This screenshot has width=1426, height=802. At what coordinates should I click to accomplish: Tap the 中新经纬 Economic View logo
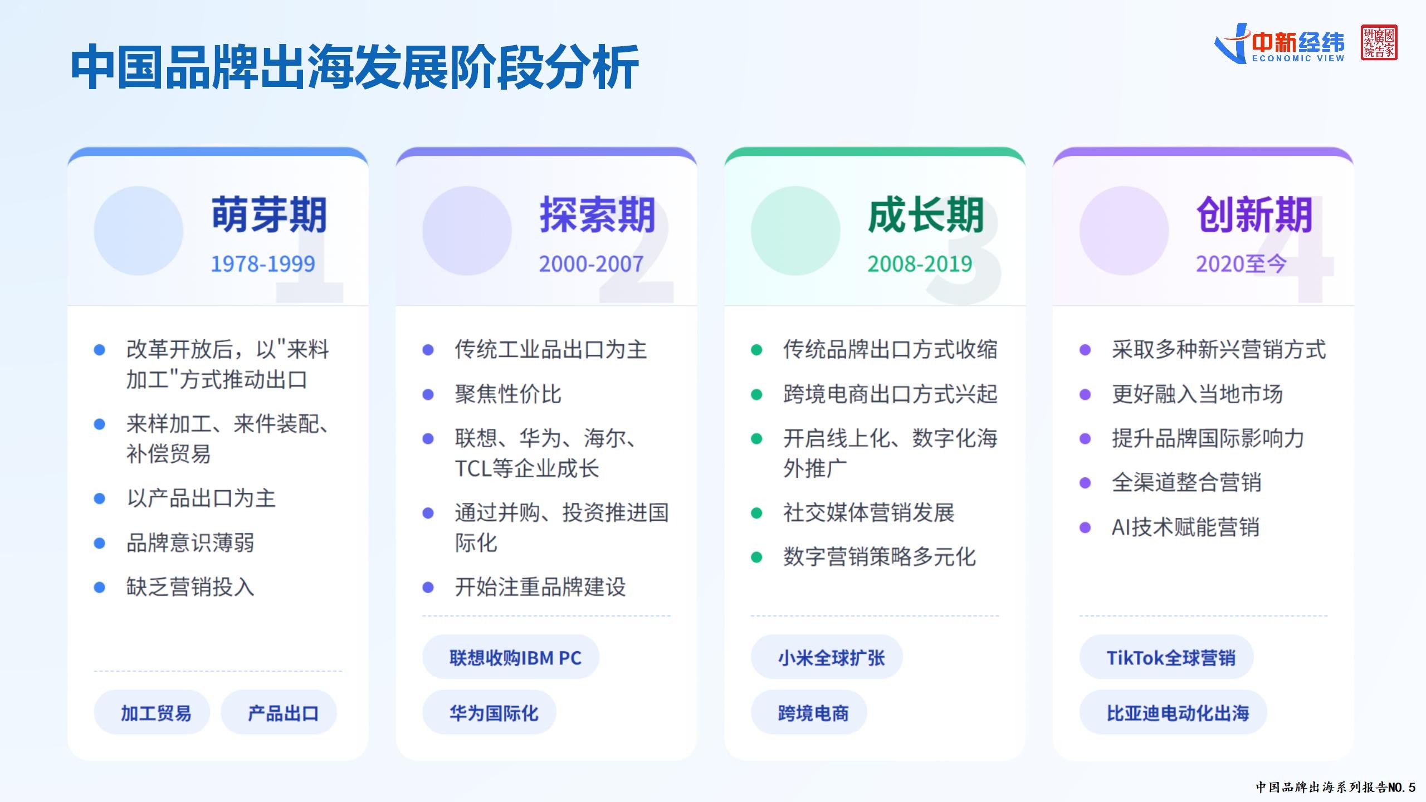coord(1280,43)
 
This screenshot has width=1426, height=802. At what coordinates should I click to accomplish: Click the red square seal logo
coord(1379,42)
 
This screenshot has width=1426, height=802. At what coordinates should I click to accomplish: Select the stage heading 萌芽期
coord(269,214)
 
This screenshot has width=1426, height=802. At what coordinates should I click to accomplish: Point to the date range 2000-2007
coord(591,264)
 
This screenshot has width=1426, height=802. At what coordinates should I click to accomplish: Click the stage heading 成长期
coord(926,214)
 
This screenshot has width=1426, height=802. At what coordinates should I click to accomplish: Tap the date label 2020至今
coord(1241,264)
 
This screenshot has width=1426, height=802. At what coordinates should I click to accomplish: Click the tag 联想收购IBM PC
coord(511,657)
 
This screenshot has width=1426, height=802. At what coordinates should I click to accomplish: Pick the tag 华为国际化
coord(490,712)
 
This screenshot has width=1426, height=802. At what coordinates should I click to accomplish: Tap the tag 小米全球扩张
coord(827,657)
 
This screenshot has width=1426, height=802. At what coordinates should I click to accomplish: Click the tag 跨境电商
coord(809,712)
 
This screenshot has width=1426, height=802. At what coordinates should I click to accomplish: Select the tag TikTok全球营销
coord(1166,657)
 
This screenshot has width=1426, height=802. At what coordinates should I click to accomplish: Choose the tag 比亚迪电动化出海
coord(1173,712)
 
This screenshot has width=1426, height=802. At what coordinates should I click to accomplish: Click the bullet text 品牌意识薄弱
coord(191,542)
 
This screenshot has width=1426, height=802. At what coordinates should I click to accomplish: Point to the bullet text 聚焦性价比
coord(508,394)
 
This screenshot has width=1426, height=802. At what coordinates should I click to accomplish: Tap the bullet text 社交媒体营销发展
coord(869,512)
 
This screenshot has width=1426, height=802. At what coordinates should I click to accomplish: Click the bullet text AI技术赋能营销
coord(1185,527)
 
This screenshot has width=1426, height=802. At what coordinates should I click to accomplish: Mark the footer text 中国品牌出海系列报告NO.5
coord(1335,787)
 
